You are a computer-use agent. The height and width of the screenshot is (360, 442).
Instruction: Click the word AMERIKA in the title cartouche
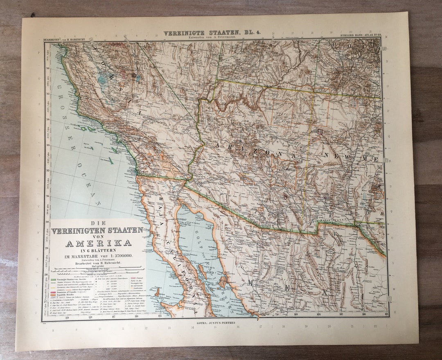[x=99, y=243]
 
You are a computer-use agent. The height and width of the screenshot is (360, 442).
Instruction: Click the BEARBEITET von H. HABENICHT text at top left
[x=65, y=40]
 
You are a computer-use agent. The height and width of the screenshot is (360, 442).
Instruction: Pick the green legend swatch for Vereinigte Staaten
[x=53, y=279]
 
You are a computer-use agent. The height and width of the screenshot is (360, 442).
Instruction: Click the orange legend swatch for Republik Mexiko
[x=53, y=294]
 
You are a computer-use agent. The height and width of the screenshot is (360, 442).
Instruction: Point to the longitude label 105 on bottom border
[x=386, y=314]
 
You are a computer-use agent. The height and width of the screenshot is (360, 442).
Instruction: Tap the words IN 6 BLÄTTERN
[x=98, y=250]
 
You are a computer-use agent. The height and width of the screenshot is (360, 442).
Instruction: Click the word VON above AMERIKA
[x=98, y=236]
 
